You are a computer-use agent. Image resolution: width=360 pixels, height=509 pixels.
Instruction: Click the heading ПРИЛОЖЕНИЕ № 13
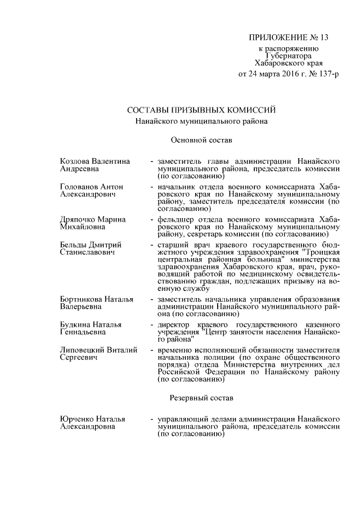(x=288, y=38)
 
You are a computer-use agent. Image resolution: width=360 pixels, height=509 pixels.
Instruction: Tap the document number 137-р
(x=329, y=74)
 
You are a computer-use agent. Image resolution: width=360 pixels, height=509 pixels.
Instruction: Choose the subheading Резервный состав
(x=201, y=397)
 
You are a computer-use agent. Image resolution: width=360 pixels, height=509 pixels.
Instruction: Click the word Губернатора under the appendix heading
(x=288, y=56)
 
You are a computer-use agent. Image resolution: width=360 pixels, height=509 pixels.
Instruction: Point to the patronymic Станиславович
(x=87, y=253)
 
